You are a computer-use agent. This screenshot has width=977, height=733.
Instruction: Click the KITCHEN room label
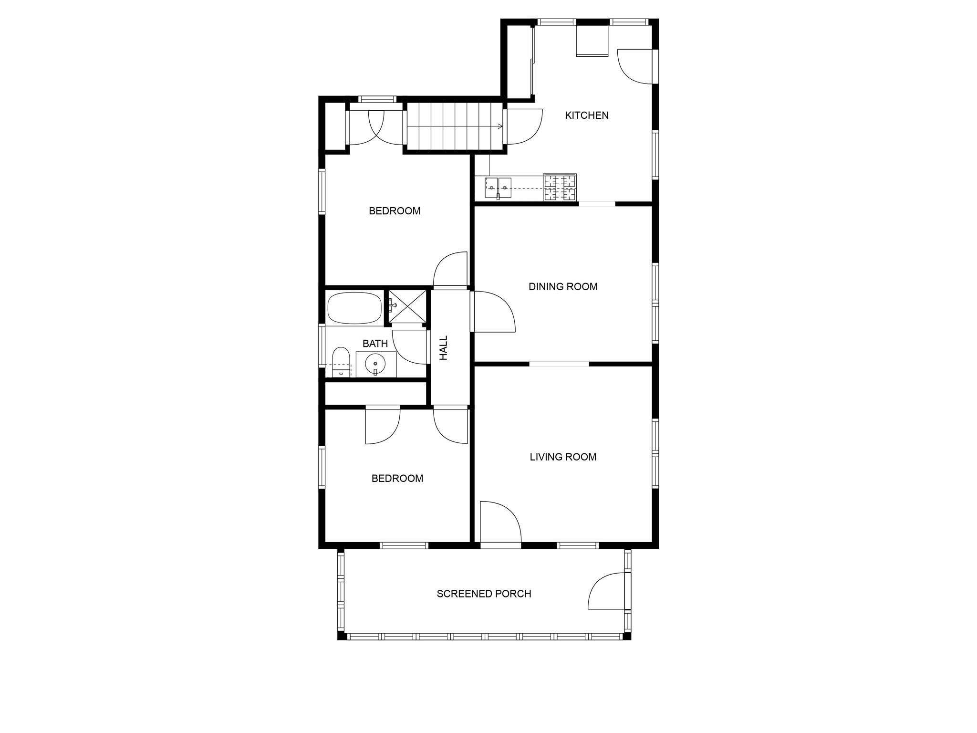(x=586, y=115)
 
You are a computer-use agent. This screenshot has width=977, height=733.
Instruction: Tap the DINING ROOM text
(x=563, y=287)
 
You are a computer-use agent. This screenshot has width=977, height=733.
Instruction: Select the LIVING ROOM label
(x=563, y=457)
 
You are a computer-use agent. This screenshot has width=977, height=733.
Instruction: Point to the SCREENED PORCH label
(x=484, y=594)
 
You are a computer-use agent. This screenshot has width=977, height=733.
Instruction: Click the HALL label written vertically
(x=444, y=347)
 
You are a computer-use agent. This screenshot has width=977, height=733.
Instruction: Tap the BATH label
(x=375, y=344)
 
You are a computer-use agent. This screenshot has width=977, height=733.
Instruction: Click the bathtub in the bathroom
(x=354, y=308)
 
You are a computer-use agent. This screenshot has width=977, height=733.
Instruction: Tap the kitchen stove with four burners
(x=560, y=187)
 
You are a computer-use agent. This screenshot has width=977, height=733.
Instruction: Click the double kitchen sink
(x=498, y=188)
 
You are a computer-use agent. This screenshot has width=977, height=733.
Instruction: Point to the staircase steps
(x=453, y=126)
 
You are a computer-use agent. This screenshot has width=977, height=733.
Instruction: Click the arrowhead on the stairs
(x=500, y=126)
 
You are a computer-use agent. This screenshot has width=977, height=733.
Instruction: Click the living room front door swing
(x=500, y=523)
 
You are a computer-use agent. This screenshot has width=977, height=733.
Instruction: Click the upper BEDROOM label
(x=395, y=211)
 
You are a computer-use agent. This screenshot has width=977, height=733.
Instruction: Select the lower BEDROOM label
(x=397, y=479)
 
